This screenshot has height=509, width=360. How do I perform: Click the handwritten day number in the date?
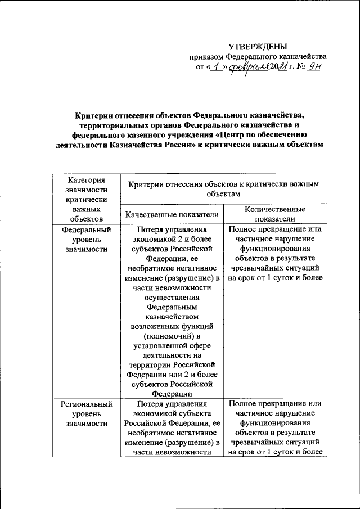tap(214, 67)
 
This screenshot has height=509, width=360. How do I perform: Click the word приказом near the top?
tap(206, 57)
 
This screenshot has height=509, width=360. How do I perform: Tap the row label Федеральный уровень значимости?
tap(86, 239)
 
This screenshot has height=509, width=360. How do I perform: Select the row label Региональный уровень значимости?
tap(86, 413)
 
